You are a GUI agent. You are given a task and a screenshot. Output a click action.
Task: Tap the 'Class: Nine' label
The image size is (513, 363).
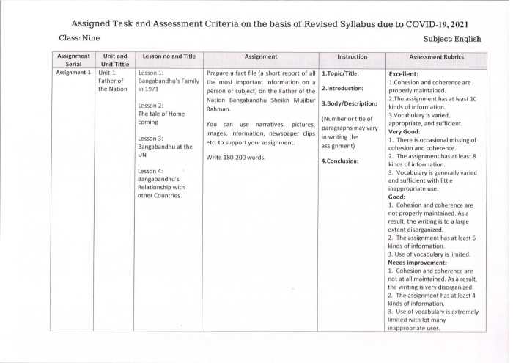79,37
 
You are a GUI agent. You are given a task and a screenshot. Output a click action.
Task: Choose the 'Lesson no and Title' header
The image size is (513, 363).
169,56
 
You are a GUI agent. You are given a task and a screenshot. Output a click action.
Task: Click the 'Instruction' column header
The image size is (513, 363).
353,56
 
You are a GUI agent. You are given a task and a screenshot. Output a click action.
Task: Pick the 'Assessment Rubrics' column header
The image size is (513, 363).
436,56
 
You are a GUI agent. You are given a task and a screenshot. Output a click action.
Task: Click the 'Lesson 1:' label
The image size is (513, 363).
151,73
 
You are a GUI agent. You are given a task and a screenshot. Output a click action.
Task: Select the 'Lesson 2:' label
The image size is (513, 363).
151,106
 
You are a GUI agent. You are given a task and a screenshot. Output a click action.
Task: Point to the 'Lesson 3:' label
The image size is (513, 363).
151,138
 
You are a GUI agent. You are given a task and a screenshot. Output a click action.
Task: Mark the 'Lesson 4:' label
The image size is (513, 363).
151,171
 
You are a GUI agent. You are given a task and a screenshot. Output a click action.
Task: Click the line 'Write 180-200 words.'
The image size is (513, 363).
235,158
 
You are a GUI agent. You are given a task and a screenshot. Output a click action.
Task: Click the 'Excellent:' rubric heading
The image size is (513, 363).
403,74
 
